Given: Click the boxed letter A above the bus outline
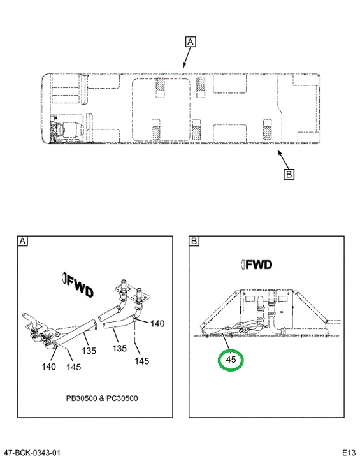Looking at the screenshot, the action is click(x=191, y=42).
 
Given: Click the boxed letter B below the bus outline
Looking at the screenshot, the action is click(x=289, y=175).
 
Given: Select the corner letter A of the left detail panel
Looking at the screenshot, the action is click(x=22, y=241).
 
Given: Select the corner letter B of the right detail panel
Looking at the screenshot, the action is click(x=194, y=241).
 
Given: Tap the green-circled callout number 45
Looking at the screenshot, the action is click(x=231, y=360).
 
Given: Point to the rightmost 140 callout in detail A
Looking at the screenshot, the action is click(x=157, y=323).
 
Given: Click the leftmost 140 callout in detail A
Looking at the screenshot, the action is click(x=48, y=367).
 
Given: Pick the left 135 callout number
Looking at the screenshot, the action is click(x=89, y=351).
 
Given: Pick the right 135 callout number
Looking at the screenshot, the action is click(x=120, y=348).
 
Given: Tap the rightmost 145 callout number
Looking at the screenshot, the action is click(x=141, y=361).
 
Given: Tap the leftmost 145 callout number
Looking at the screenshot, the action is click(x=73, y=367).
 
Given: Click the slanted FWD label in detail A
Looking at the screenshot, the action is click(x=78, y=285).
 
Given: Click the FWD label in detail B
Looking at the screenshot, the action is click(x=257, y=265).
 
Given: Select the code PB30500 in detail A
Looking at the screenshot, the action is click(x=83, y=398).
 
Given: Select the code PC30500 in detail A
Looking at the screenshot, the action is click(x=121, y=398).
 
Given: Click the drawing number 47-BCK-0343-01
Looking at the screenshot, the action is click(x=32, y=453).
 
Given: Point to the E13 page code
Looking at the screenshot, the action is click(x=349, y=453).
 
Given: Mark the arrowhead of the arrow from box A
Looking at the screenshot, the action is click(x=184, y=66).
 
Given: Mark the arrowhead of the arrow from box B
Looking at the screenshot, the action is click(x=279, y=152).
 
